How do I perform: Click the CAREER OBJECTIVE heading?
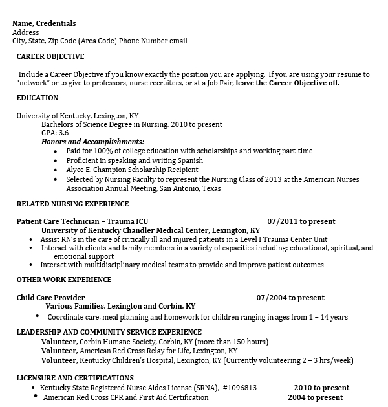[x=50, y=57]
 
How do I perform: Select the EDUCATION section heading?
[x=37, y=98]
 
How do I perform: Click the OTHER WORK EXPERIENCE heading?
[x=63, y=280]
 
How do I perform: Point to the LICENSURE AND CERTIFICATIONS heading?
[x=74, y=378]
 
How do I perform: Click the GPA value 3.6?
[x=63, y=133]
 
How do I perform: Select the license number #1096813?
[x=239, y=388]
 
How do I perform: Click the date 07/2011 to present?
[x=301, y=221]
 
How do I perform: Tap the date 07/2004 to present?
[x=290, y=298]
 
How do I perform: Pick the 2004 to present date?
[x=315, y=397]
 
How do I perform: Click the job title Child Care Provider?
[x=50, y=298]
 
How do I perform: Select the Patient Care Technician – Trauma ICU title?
[x=82, y=221]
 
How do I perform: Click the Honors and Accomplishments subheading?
[x=92, y=142]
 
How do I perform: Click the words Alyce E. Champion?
[x=94, y=170]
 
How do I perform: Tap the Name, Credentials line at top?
[x=44, y=23]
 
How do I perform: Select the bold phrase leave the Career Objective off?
[x=287, y=83]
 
